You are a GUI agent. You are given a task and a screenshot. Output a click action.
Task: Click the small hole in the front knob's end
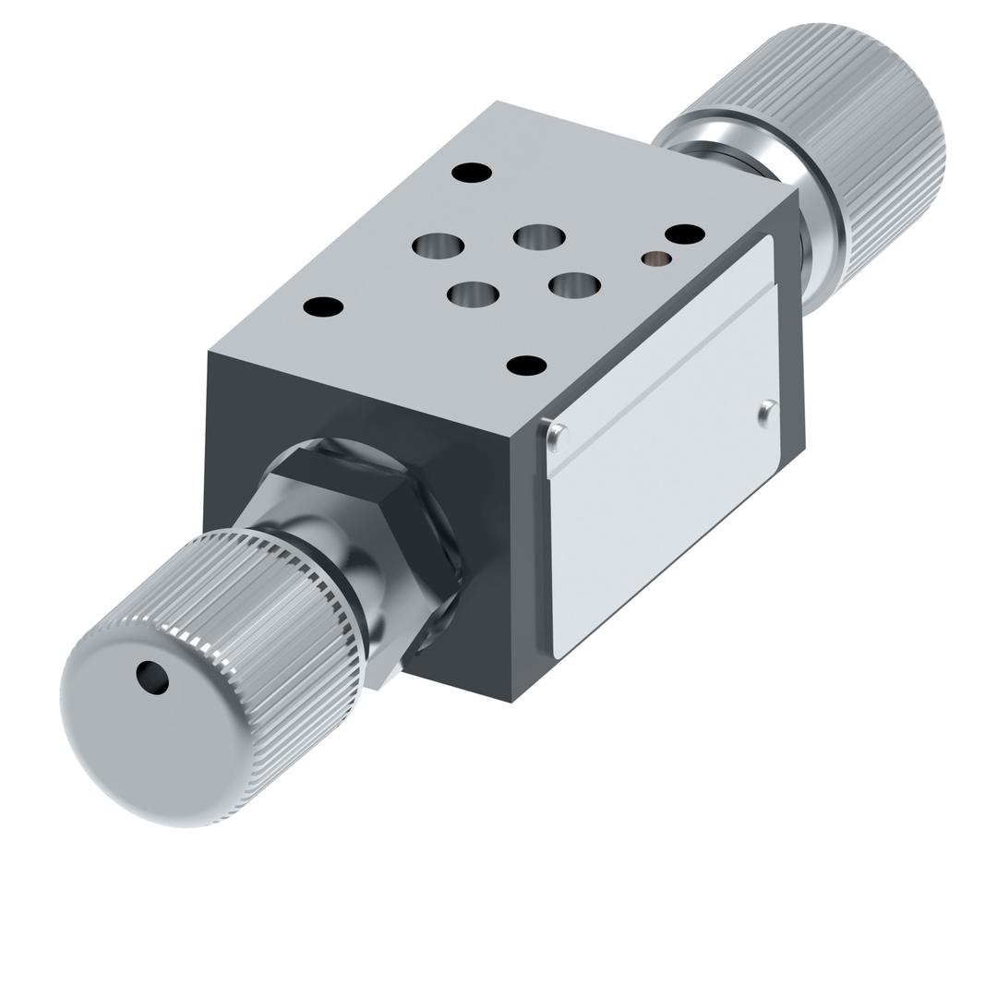tap(153, 678)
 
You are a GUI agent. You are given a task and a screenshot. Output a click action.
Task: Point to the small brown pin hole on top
tap(656, 259)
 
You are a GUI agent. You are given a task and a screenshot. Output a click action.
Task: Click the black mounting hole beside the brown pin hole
tap(685, 234)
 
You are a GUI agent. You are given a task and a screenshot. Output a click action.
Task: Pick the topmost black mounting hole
tap(472, 173)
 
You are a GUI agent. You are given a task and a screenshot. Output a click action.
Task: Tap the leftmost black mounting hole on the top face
tap(323, 306)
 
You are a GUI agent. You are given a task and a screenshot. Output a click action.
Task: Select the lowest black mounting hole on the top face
tap(526, 366)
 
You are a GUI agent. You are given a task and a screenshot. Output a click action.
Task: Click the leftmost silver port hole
tap(438, 246)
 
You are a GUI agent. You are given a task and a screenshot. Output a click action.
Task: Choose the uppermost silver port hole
tap(540, 237)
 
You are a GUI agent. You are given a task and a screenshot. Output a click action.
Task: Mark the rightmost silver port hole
tap(574, 285)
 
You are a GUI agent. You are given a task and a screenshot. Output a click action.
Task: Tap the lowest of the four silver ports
tap(473, 294)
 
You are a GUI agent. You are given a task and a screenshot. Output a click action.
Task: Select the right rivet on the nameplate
tap(767, 412)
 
